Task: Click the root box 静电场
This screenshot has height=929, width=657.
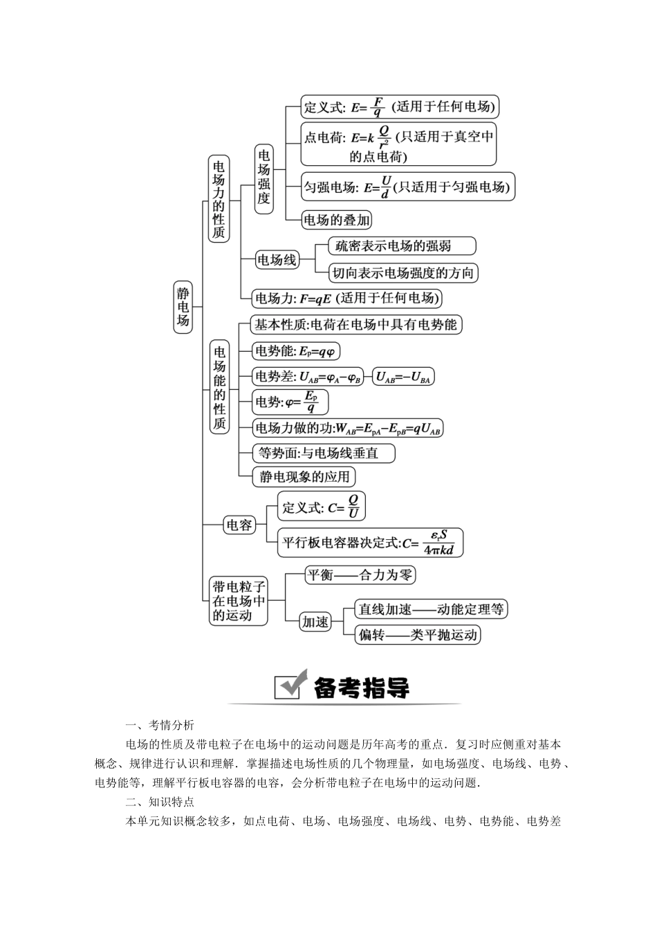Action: pyautogui.click(x=183, y=306)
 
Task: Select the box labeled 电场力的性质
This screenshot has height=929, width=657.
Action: pyautogui.click(x=219, y=198)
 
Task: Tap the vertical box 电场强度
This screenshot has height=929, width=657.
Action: pyautogui.click(x=263, y=178)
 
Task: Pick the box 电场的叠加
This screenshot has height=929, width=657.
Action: pyautogui.click(x=337, y=220)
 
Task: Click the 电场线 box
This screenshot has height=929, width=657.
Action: pyautogui.click(x=277, y=260)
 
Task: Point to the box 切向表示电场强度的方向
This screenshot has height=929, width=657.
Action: pyautogui.click(x=403, y=273)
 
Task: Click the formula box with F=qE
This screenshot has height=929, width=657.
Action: pyautogui.click(x=346, y=299)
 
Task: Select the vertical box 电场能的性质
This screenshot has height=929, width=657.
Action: pyautogui.click(x=219, y=387)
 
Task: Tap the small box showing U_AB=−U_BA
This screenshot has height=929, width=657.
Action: pyautogui.click(x=402, y=377)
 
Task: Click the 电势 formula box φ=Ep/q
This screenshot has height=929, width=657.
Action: pyautogui.click(x=290, y=402)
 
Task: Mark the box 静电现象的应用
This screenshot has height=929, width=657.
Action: pyautogui.click(x=304, y=476)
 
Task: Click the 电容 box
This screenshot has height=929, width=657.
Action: pyautogui.click(x=239, y=525)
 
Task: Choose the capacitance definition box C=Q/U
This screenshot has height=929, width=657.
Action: pyautogui.click(x=322, y=507)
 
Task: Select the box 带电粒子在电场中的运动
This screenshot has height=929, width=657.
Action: pyautogui.click(x=239, y=601)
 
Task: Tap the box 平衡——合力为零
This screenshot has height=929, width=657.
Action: pyautogui.click(x=360, y=575)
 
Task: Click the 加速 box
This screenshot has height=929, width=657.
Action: pyautogui.click(x=315, y=622)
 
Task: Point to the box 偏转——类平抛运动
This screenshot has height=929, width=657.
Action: pyautogui.click(x=418, y=635)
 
